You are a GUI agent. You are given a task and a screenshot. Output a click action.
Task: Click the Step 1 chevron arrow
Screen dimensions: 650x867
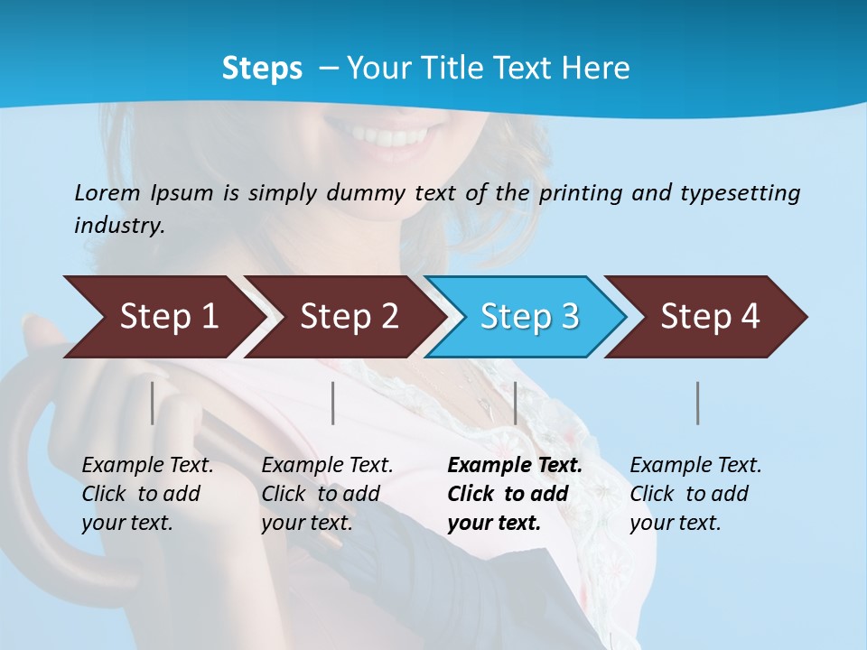[163, 317]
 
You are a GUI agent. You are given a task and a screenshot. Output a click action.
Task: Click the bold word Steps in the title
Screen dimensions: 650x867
[262, 69]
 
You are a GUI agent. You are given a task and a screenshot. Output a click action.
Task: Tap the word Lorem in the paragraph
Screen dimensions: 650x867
[107, 192]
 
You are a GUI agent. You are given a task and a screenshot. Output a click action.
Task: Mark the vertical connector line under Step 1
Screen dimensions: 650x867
[152, 403]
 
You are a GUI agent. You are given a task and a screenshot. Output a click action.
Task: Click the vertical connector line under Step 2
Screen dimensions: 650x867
[333, 403]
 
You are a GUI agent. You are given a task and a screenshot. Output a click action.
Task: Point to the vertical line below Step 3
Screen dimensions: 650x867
[515, 403]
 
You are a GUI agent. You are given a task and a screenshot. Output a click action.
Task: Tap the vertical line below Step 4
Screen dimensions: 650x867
[698, 403]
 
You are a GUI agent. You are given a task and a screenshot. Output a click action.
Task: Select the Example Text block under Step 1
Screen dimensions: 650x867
[146, 494]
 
